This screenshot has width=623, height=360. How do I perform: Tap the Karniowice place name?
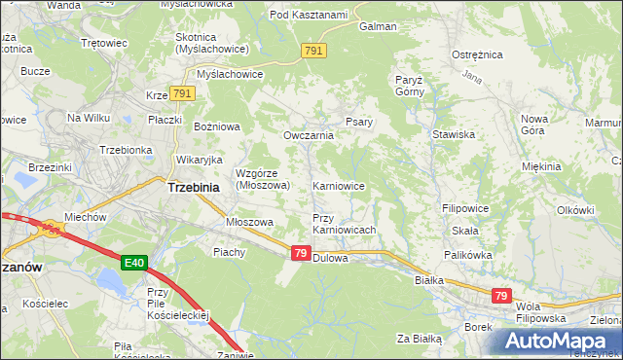338,185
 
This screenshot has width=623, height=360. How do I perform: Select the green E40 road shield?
135,263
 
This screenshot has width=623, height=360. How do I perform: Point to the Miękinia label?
541,166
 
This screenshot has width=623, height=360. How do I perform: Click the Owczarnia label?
309,135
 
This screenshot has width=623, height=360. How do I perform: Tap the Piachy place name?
230,251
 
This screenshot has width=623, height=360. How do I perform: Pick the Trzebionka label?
124,150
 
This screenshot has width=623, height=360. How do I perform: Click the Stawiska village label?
453,134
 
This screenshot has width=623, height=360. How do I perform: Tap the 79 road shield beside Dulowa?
301,253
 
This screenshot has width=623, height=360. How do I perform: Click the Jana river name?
473,76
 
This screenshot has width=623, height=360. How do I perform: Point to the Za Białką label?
420,339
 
